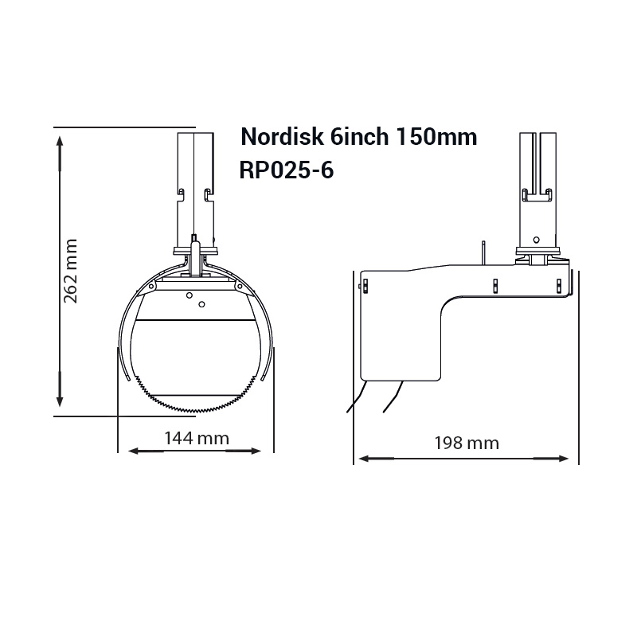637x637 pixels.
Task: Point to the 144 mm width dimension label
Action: [197, 437]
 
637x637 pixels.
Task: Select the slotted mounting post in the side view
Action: [537, 183]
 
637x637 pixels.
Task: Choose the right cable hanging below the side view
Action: [393, 396]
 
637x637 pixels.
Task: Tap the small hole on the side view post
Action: [537, 238]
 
